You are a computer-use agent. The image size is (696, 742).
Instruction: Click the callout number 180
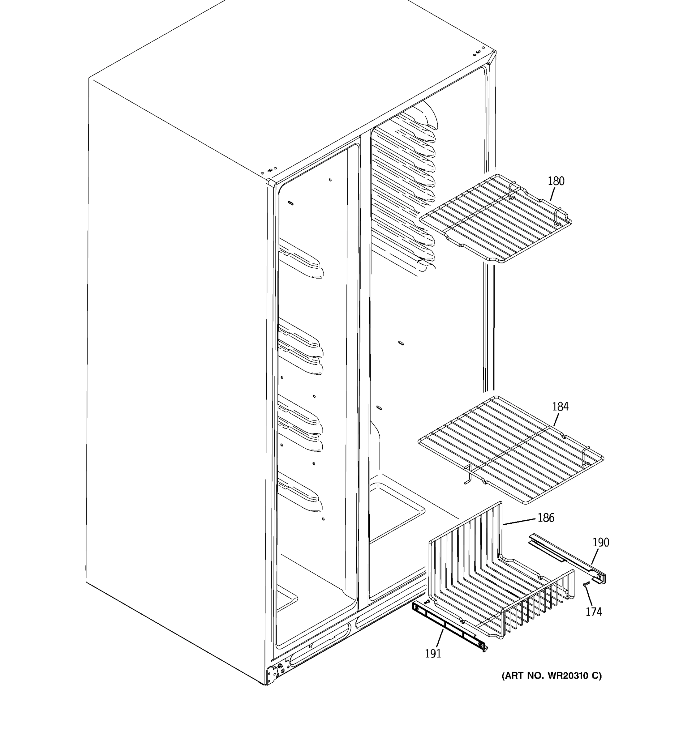pos(556,181)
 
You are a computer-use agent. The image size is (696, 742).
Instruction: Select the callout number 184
pos(560,407)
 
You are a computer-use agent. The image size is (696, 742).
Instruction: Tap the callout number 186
pos(546,518)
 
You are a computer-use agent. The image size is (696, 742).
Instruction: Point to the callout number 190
pos(601,542)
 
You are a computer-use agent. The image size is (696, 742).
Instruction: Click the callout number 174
pos(594,612)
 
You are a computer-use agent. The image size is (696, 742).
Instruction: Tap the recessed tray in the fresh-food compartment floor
pos(396,510)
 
